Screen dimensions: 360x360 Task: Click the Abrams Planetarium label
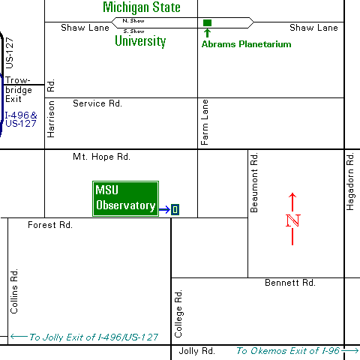(x=246, y=44)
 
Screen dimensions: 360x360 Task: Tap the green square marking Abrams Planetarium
(x=207, y=22)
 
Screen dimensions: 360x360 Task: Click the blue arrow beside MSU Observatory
(x=163, y=209)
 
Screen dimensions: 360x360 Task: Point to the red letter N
(x=292, y=220)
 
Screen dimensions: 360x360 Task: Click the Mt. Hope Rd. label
(x=101, y=157)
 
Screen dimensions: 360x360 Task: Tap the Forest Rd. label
(x=49, y=224)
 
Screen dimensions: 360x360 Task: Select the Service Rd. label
(x=97, y=103)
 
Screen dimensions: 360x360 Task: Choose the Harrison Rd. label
(x=51, y=108)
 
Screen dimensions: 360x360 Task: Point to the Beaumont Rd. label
(x=254, y=183)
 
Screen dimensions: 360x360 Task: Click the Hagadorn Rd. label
(x=349, y=181)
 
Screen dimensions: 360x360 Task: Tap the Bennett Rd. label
(x=289, y=283)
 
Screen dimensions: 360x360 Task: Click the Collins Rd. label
(x=14, y=290)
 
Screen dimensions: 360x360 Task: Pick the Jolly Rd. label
(x=196, y=351)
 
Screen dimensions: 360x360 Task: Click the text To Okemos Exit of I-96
(x=288, y=351)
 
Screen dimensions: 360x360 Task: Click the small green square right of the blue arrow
(x=175, y=209)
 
